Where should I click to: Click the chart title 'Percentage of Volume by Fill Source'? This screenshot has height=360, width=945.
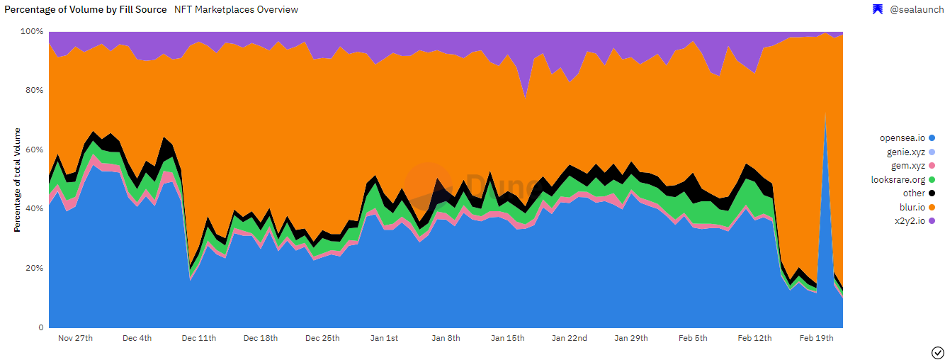[86, 10]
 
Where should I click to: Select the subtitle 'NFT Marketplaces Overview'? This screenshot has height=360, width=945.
[236, 10]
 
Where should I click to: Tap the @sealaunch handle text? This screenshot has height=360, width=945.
[916, 10]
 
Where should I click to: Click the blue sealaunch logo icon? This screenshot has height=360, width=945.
[877, 10]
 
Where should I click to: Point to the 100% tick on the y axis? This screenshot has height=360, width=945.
[33, 32]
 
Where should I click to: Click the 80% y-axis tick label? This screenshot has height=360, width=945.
[35, 91]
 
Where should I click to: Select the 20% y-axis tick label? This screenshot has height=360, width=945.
[35, 269]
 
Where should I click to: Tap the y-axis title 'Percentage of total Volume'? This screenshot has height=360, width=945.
[17, 180]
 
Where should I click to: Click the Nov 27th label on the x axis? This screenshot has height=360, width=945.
[75, 338]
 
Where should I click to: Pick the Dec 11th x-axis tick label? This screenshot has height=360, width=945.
[199, 338]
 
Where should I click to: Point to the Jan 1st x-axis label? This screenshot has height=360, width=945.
[385, 338]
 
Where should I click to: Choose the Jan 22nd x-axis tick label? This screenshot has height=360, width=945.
[570, 338]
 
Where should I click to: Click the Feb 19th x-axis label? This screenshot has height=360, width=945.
[817, 338]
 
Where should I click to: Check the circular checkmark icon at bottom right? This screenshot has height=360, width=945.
[937, 352]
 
